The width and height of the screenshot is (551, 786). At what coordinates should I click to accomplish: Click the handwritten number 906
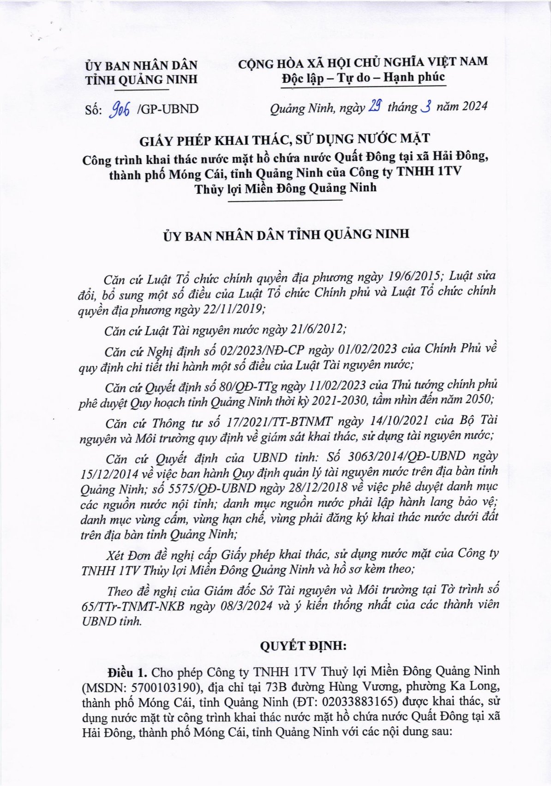pos(120,109)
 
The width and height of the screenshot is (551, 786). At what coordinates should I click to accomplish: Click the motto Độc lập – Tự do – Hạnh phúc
pos(364,77)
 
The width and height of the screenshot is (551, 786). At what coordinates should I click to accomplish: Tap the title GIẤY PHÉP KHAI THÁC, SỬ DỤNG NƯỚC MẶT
pos(285,138)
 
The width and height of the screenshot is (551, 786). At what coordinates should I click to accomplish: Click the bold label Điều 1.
pos(127,671)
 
